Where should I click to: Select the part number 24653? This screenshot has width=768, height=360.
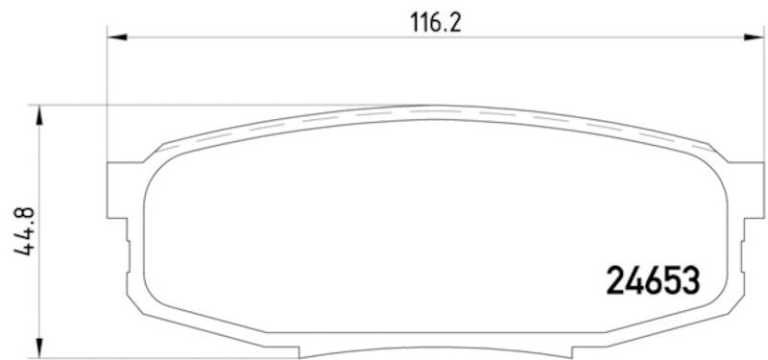coord(653,279)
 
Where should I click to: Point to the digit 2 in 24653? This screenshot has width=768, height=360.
coord(616,279)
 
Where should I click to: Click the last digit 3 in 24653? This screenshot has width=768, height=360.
coord(689,279)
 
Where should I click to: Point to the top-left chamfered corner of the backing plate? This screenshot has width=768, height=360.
coord(159,147)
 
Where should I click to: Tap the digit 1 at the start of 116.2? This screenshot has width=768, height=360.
coord(414,22)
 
